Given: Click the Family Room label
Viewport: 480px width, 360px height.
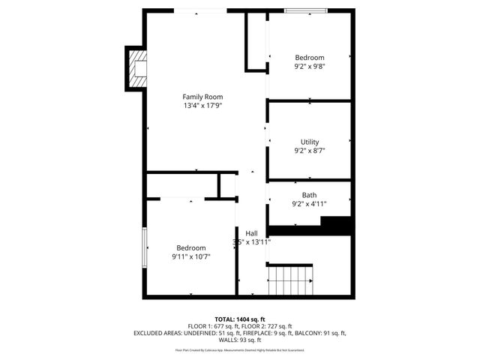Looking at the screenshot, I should point(202,97).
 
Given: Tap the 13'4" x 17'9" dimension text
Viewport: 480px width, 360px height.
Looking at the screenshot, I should point(202,106).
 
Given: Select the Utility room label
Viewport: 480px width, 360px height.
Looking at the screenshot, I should point(310,142).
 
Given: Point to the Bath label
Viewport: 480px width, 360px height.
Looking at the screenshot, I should point(309,195).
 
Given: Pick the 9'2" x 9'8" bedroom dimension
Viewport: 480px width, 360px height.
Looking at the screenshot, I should point(309,67).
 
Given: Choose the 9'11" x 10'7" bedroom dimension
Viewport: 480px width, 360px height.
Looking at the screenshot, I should point(190,256).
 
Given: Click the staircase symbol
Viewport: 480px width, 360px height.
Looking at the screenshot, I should point(290,281).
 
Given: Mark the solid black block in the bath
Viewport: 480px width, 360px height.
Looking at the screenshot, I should point(336,224).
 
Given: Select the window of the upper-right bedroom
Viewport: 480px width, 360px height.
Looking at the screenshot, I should point(305,10).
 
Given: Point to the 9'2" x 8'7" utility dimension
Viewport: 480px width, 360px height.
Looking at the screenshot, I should point(309,151).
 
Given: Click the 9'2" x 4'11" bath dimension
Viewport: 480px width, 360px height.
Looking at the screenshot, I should point(309,204).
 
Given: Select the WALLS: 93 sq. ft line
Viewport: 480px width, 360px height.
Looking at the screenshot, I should point(240,339).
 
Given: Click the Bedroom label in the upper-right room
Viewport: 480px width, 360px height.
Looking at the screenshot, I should point(309,58).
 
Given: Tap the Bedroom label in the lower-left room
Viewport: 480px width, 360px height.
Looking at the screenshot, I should point(190,247).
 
